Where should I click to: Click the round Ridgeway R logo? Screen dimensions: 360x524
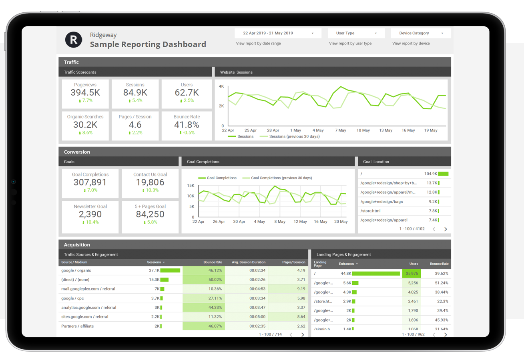pos(73,40)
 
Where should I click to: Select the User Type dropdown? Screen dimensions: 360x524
pos(355,33)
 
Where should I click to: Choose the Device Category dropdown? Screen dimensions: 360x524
pos(420,33)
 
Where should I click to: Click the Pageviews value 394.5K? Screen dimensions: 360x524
pos(85,92)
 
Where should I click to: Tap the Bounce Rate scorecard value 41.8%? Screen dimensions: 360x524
pos(186,124)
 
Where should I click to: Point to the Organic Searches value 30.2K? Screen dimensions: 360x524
pos(85,124)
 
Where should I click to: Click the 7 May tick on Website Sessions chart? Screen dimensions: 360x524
pos(340,130)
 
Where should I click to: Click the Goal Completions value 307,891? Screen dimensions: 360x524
pos(90,182)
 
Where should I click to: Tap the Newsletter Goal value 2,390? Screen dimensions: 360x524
pos(90,214)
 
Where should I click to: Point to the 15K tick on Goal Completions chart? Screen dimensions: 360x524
pos(191,186)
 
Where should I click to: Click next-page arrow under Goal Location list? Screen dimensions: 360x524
pos(446,229)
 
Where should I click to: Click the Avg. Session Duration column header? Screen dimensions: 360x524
pos(248,262)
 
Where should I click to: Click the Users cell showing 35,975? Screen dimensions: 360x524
pos(412,274)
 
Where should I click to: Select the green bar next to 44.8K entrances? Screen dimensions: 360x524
pos(376,274)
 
